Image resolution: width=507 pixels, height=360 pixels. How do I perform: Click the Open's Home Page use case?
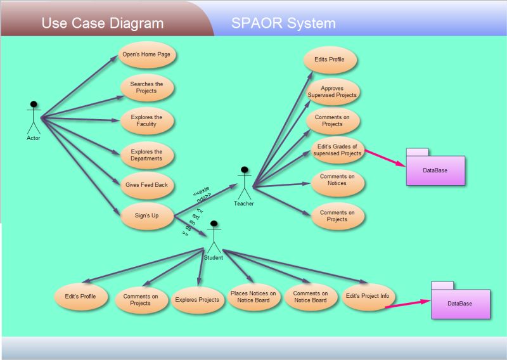(146, 55)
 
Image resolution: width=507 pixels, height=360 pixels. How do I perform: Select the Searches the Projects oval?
(146, 87)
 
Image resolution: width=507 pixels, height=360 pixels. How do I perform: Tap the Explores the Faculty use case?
(146, 120)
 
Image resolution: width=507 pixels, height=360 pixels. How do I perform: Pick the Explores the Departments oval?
(146, 155)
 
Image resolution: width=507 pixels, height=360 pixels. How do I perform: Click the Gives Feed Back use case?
(146, 184)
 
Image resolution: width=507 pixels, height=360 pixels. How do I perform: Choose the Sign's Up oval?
(146, 216)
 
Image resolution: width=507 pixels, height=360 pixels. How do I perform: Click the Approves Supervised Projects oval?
(333, 92)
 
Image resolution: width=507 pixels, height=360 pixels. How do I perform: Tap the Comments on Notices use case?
(338, 180)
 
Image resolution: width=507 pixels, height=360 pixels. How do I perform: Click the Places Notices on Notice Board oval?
(253, 297)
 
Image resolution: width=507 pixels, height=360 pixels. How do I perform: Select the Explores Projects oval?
(197, 300)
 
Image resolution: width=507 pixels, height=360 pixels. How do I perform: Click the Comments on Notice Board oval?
(311, 297)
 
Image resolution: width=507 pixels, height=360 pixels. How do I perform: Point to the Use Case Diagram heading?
(103, 24)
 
